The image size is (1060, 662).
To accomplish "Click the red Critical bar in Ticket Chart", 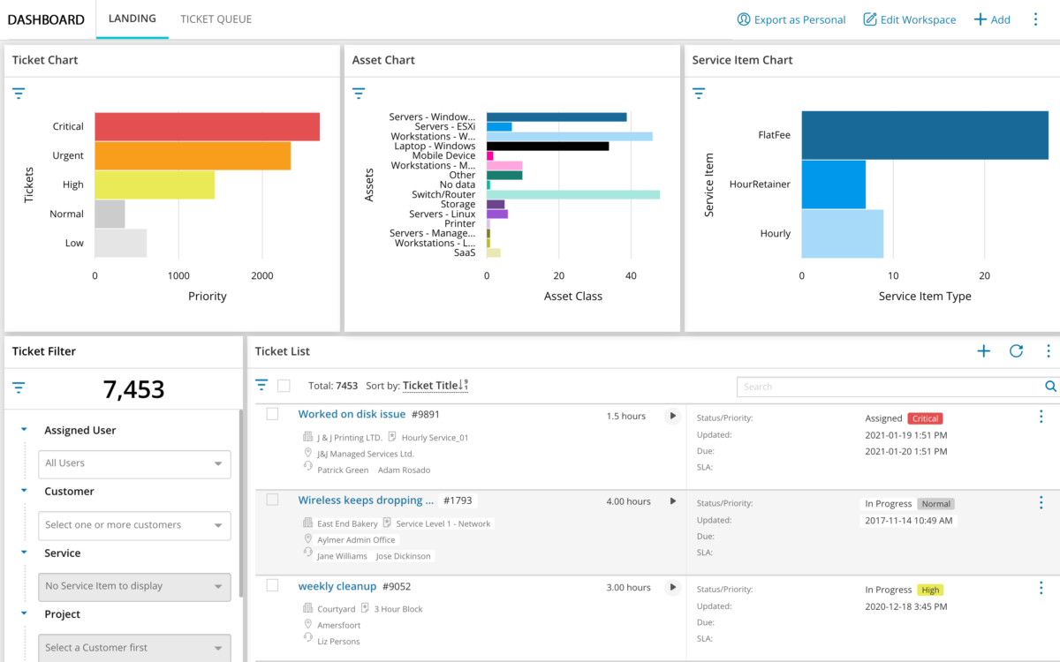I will pos(207,126).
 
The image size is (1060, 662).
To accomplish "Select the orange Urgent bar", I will pos(193,155).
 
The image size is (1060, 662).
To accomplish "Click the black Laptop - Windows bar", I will pos(548,146).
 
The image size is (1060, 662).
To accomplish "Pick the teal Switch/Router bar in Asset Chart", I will pos(572,194).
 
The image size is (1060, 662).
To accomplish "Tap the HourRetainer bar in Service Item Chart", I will pos(833,184).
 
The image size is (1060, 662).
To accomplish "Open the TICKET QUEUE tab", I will pos(216,19).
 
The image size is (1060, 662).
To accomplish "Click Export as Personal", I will pos(791,19).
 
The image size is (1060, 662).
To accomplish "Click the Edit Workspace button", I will pos(909,19).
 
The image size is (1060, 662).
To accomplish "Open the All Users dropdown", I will pos(134,463).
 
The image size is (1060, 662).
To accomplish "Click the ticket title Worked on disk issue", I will pos(352,414).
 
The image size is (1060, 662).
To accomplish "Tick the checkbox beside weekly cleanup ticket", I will pos(272,585).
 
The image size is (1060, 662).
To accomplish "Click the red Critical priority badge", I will pos(926,418).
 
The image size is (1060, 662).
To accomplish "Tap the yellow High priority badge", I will pos(929,590).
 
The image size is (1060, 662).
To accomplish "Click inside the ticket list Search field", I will pos(888,387).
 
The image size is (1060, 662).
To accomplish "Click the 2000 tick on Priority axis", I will pos(261,275).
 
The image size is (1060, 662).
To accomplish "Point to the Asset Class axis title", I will pos(572,297).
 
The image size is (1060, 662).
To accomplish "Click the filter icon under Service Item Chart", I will pos(699,93).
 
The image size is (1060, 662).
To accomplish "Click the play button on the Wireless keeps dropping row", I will pos(672,501).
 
